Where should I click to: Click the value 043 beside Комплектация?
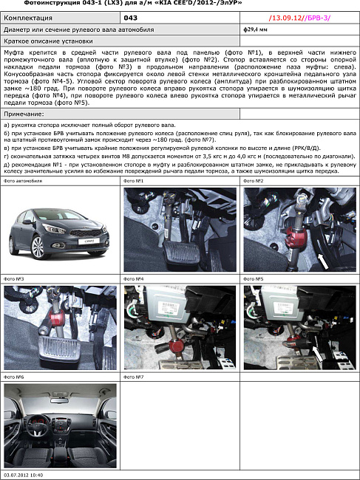[x=130, y=16]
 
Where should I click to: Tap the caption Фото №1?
[x=132, y=181]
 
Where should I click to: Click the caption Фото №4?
[x=132, y=279]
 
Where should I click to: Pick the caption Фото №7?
[x=132, y=377]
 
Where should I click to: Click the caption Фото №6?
[x=14, y=377]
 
